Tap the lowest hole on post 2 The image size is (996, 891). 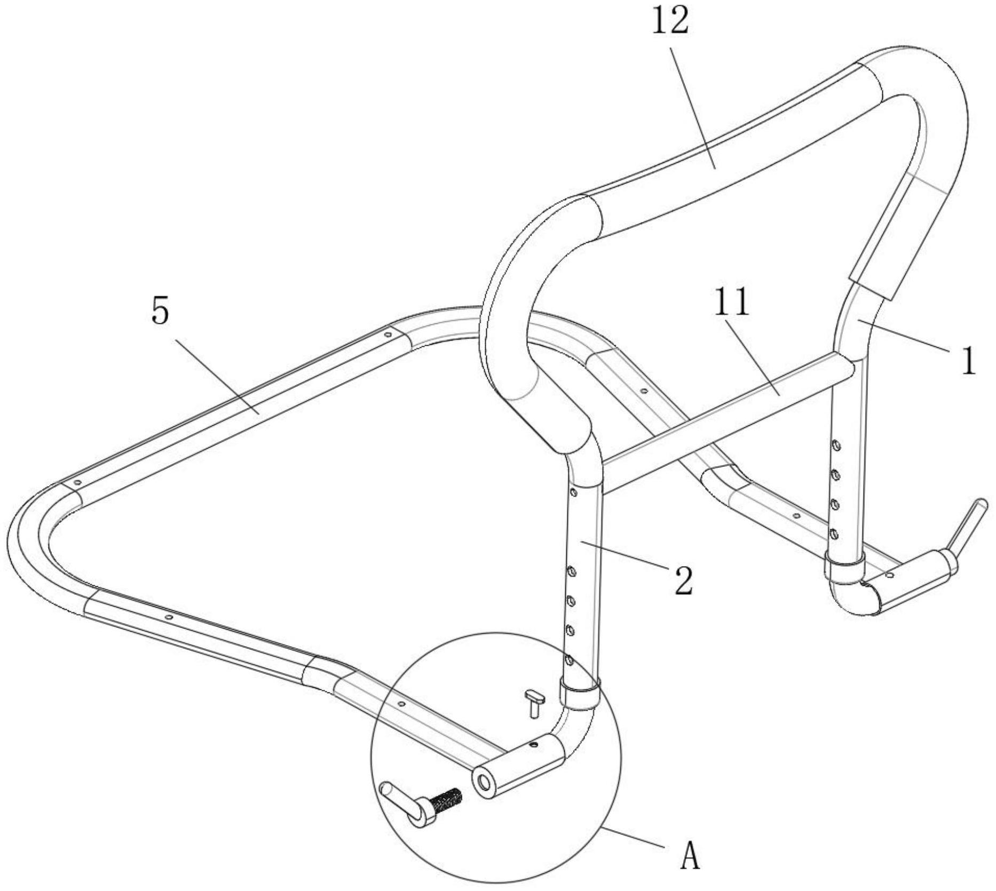pyautogui.click(x=570, y=661)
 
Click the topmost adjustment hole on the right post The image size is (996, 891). pyautogui.click(x=836, y=444)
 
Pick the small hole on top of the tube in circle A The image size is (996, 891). pyautogui.click(x=533, y=743)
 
